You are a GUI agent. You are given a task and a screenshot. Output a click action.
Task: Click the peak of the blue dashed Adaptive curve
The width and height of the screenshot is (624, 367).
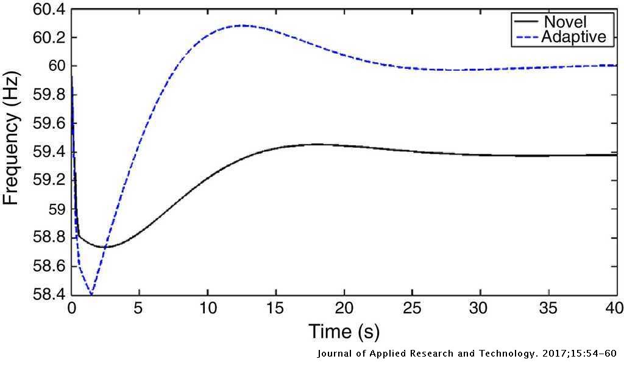pyautogui.click(x=242, y=25)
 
